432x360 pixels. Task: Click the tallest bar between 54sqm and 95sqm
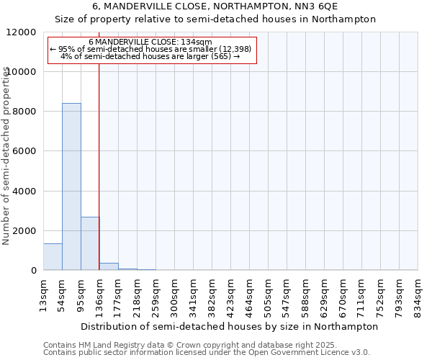click(71, 187)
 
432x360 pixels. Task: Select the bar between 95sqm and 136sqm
click(90, 243)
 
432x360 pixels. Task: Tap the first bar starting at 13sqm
click(53, 257)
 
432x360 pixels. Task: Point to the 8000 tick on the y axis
click(26, 112)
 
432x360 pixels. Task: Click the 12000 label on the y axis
click(23, 32)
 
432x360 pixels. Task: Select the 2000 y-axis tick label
click(26, 231)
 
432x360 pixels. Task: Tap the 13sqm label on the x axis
click(43, 292)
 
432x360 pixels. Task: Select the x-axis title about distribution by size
click(230, 326)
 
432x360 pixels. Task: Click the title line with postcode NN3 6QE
click(215, 6)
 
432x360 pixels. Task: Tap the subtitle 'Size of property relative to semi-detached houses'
click(215, 19)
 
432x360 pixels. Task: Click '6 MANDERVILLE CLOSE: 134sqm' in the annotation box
click(151, 42)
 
